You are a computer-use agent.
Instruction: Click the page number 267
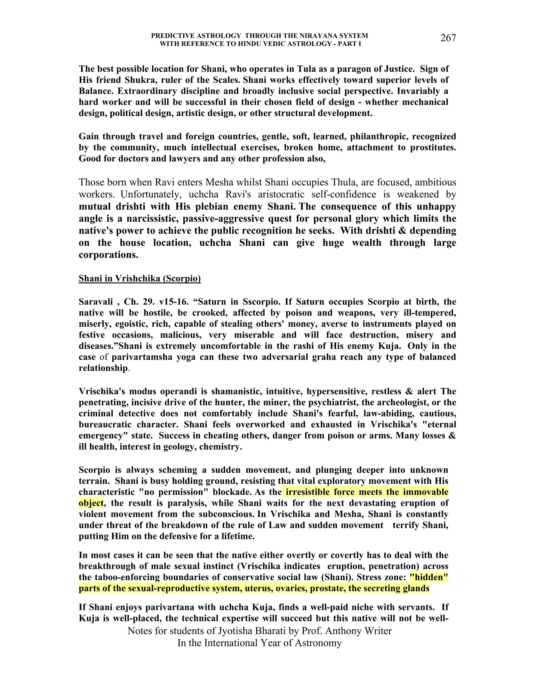click(448, 38)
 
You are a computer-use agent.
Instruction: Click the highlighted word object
click(91, 503)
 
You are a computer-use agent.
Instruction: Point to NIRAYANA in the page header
click(302, 36)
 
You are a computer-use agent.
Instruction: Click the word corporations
click(108, 255)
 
